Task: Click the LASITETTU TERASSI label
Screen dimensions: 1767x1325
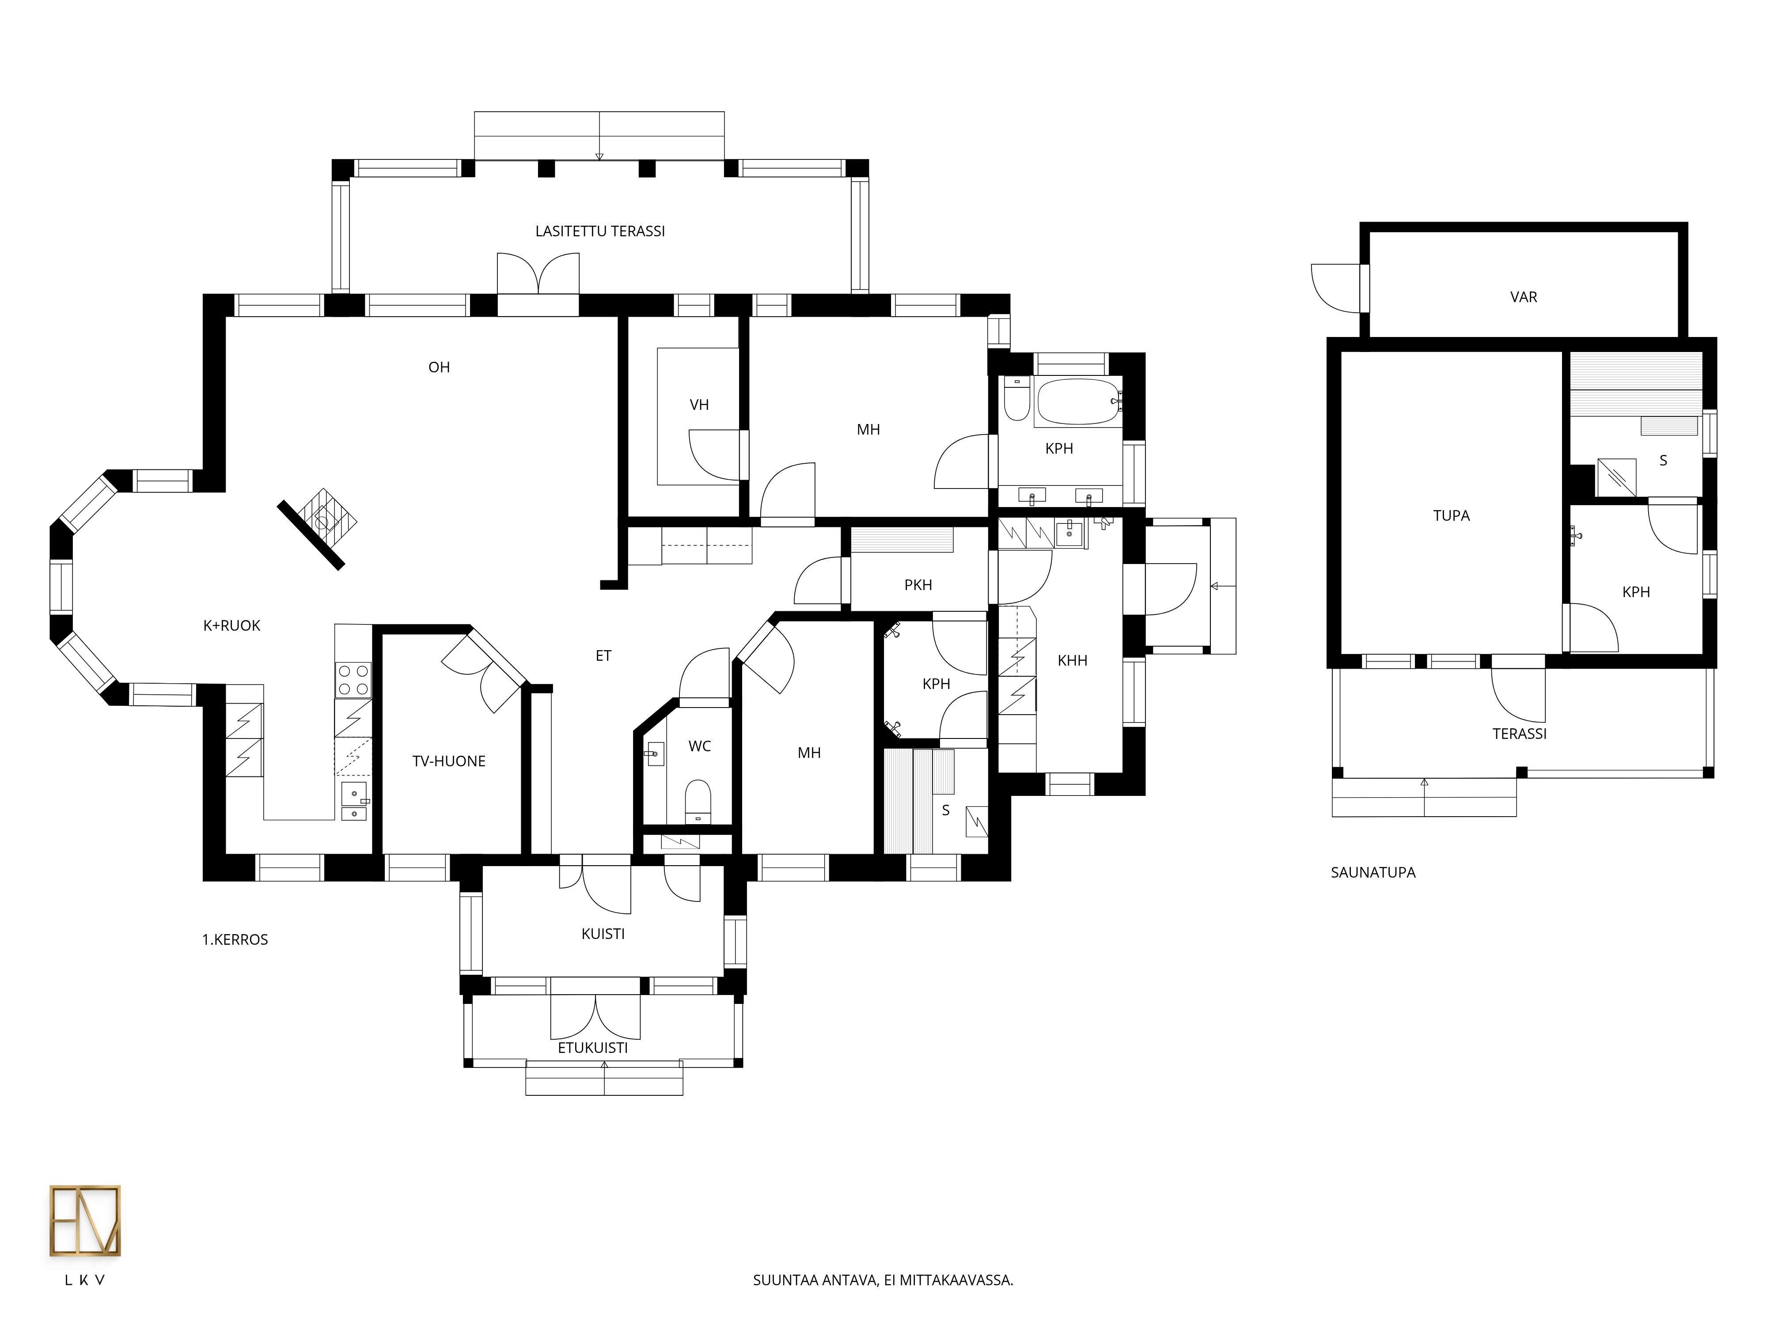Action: [600, 231]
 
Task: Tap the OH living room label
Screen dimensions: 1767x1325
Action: [440, 367]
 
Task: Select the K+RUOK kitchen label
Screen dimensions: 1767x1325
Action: [231, 625]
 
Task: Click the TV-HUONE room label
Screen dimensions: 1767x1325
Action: [449, 761]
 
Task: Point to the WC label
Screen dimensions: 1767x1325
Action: [700, 746]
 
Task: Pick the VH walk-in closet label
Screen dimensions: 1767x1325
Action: [699, 405]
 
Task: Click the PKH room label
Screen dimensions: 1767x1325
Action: [918, 585]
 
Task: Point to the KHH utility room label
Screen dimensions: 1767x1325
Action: [1072, 660]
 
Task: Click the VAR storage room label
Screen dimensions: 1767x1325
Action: [1523, 297]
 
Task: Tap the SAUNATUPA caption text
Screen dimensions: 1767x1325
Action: [1373, 873]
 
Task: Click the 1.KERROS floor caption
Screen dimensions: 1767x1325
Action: [235, 940]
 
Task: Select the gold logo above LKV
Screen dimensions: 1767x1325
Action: [85, 1220]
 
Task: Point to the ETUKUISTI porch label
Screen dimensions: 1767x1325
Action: [593, 1048]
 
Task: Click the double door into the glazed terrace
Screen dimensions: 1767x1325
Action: [538, 276]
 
